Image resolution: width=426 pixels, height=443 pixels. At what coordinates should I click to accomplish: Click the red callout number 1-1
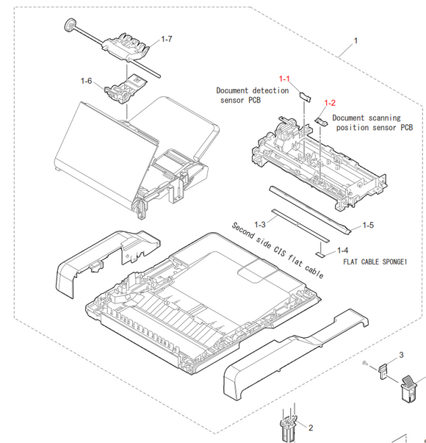click(x=284, y=78)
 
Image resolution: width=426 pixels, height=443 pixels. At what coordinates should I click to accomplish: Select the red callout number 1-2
click(x=330, y=103)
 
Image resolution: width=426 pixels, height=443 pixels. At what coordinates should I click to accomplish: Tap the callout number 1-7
click(x=167, y=38)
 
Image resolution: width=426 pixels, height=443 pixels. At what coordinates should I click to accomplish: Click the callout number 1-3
click(x=259, y=223)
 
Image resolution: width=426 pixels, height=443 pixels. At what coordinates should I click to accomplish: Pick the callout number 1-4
click(x=342, y=250)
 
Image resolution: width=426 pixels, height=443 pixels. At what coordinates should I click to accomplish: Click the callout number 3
click(x=401, y=355)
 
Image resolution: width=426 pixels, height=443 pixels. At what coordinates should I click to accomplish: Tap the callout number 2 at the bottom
click(x=310, y=428)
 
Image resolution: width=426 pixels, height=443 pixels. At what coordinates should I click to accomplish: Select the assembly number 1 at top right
click(x=357, y=40)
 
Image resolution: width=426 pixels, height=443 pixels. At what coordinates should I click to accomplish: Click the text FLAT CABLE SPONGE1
click(x=374, y=262)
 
